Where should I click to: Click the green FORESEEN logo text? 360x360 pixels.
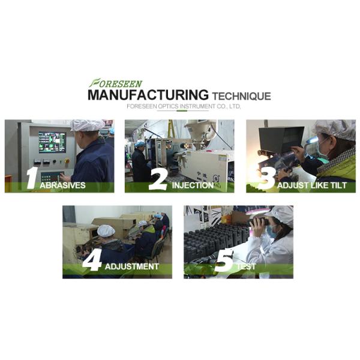(116, 83)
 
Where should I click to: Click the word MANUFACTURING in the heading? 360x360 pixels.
(148, 95)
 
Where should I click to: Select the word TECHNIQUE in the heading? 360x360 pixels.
(242, 96)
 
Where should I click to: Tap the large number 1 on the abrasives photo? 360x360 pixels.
(32, 178)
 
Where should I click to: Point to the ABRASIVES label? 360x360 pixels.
(62, 185)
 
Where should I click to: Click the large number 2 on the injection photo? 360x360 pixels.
(158, 181)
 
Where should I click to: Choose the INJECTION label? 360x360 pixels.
(193, 185)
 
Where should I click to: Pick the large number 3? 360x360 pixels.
(267, 178)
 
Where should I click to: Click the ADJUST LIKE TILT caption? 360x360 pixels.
(312, 185)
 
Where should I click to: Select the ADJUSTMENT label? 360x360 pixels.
(132, 266)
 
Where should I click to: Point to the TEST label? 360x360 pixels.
(246, 266)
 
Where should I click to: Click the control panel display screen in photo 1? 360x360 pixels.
(52, 142)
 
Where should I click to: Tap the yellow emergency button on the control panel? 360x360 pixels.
(67, 160)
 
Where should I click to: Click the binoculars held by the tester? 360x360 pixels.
(259, 221)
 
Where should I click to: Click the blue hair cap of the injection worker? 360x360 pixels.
(139, 144)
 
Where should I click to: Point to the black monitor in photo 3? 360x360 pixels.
(281, 139)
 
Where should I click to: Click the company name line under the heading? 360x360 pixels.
(184, 106)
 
